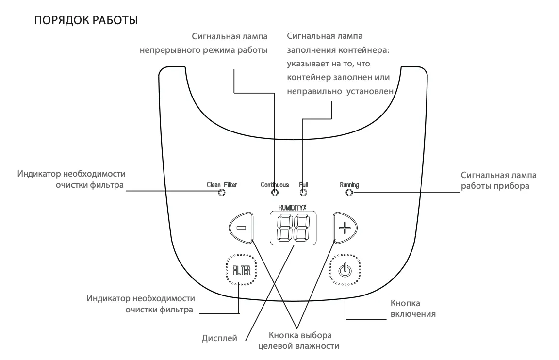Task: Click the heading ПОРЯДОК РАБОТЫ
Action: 85,21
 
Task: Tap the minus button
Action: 241,227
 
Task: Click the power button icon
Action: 345,270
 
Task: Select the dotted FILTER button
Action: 241,270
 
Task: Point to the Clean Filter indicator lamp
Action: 222,193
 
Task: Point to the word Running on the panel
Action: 349,185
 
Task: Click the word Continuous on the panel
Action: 275,185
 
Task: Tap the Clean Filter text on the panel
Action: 222,185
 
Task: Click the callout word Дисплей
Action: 219,338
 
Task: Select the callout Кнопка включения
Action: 412,309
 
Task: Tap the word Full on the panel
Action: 304,185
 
